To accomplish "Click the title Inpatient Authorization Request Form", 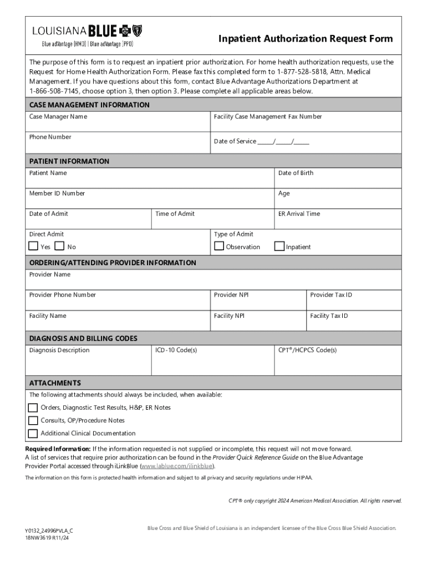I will pos(305,39).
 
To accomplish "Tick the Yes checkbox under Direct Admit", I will pos(33,246).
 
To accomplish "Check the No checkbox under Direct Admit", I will pos(60,246).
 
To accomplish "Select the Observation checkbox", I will pos(219,246).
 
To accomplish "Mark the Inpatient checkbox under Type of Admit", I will pos(279,246).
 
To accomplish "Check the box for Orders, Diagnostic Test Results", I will pos(33,408).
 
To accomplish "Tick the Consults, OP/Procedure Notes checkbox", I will pos(33,420).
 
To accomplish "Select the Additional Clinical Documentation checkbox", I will pos(33,433).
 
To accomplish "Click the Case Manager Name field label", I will pos(58,117).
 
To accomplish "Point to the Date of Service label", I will pos(235,141).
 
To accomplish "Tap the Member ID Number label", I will pos(57,193).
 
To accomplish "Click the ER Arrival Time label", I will pos(299,214).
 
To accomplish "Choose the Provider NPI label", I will pos(231,295).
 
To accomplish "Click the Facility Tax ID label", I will pos(329,316).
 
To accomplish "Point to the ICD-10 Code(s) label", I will pos(176,350).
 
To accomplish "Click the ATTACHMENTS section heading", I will pos(55,383).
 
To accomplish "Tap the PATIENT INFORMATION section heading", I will pos(69,161).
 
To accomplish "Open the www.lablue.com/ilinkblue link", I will pos(177,466).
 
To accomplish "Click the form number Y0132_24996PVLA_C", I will pos(49,530).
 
